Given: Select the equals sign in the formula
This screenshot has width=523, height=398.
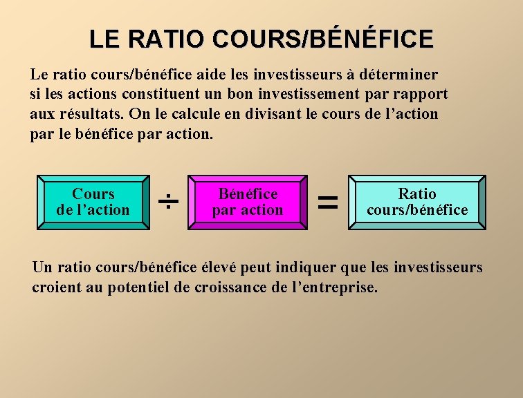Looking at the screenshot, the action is pyautogui.click(x=327, y=202).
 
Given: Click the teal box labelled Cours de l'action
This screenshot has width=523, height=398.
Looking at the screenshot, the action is pyautogui.click(x=93, y=202).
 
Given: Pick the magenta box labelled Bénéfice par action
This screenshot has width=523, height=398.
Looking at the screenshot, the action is pyautogui.click(x=248, y=202).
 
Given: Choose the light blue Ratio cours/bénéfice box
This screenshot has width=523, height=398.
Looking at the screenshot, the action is pyautogui.click(x=417, y=202).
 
